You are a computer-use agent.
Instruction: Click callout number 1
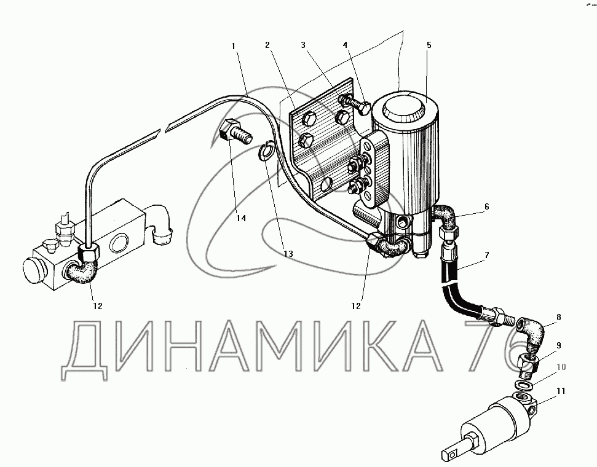[233, 46]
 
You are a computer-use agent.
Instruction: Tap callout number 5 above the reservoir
[429, 45]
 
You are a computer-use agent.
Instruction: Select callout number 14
[241, 218]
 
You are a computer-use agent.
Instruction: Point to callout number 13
[288, 254]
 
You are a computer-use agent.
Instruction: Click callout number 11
[561, 391]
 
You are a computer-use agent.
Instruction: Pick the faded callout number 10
[561, 367]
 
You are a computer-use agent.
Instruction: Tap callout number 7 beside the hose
[486, 254]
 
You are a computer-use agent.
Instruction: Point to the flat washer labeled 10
[523, 385]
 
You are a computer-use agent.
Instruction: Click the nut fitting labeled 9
[529, 364]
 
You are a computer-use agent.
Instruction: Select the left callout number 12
[98, 306]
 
